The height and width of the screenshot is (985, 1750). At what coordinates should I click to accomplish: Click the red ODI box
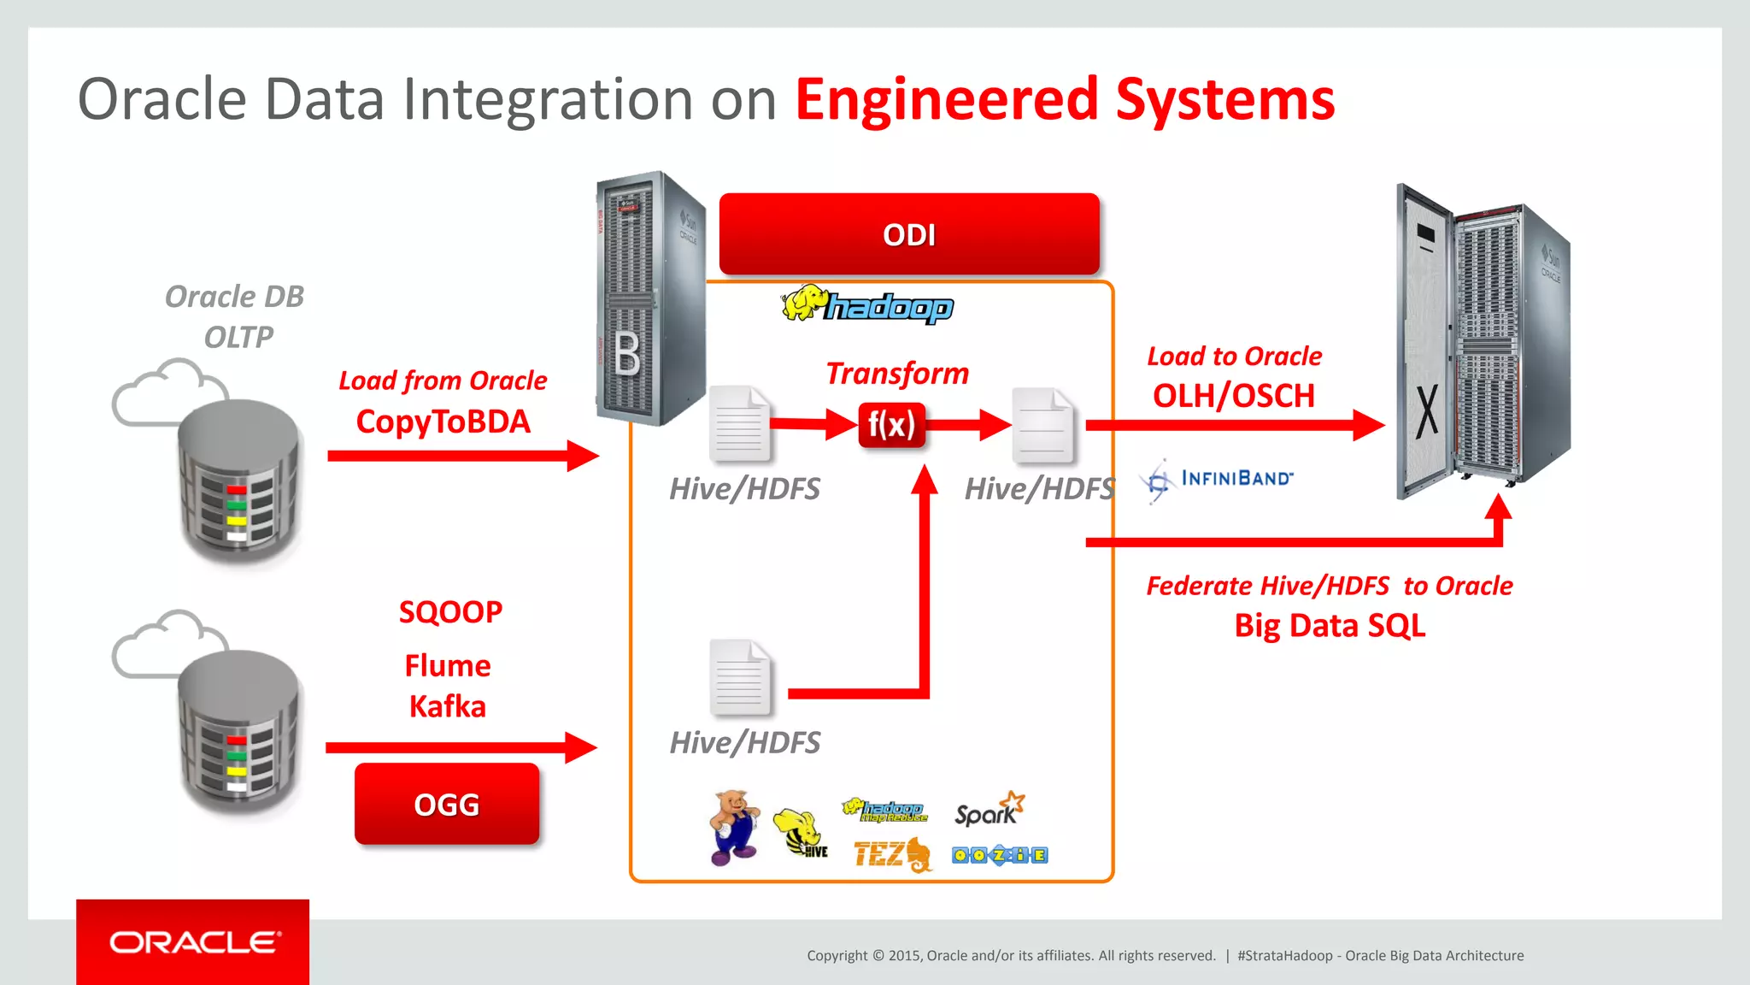(909, 234)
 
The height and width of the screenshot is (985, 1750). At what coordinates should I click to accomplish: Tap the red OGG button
(447, 804)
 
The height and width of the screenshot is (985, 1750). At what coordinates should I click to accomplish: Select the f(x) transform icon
(891, 424)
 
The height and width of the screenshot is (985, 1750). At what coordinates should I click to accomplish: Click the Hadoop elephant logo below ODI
(866, 305)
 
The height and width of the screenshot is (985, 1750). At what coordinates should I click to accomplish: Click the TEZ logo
(891, 854)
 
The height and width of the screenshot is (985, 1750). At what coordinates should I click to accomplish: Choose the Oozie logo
(1000, 855)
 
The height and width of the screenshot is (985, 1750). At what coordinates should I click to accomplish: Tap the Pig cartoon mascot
(734, 826)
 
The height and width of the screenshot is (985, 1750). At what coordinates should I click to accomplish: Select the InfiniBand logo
(1217, 480)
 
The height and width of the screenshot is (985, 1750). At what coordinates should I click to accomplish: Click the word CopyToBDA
(443, 422)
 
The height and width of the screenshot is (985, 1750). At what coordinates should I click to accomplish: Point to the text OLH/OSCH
(1233, 396)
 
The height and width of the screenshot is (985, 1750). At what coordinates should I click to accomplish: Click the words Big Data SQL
(1330, 626)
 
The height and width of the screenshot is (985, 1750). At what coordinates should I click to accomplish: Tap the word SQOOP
(450, 612)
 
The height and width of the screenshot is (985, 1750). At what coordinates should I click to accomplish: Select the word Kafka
(447, 707)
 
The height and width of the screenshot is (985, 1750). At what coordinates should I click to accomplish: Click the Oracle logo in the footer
(194, 942)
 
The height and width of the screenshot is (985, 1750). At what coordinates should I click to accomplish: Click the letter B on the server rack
(627, 354)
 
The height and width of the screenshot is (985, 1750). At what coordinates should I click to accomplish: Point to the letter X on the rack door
(1427, 411)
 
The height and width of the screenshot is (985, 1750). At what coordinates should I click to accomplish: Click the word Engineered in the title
(946, 100)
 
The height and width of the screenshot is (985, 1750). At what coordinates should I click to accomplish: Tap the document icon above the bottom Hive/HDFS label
(740, 677)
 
